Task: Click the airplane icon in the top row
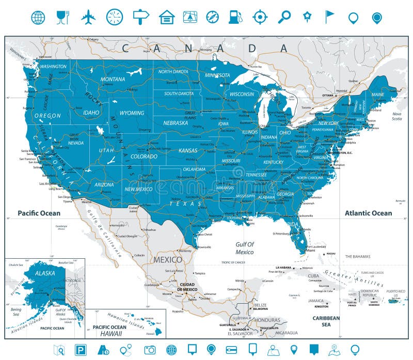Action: coord(88,17)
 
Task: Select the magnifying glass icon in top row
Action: coord(284,17)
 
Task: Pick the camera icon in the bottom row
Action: coord(150,350)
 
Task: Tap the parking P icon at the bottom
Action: coord(81,350)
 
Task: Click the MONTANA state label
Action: coord(113,79)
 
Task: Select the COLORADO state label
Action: coord(144,156)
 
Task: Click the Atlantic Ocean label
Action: coord(368,213)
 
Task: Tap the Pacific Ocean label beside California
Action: coord(39,213)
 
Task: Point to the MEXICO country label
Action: coord(167,259)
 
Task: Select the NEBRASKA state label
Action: coord(175,123)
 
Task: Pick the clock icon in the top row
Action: coord(115,17)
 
